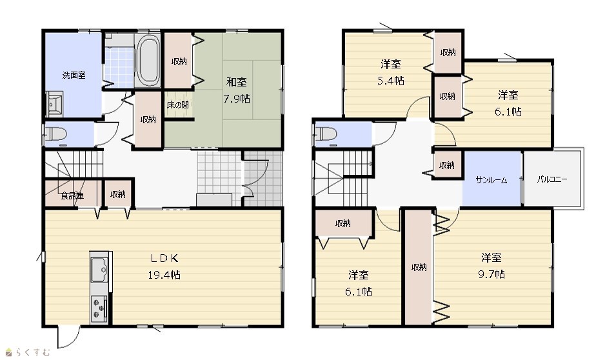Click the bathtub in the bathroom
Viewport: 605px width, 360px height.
pyautogui.click(x=148, y=61)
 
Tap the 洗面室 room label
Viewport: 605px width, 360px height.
pyautogui.click(x=74, y=75)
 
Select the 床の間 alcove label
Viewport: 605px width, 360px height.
pyautogui.click(x=178, y=105)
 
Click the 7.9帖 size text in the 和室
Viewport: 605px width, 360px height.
pyautogui.click(x=237, y=99)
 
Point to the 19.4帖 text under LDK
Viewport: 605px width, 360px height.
pyautogui.click(x=164, y=275)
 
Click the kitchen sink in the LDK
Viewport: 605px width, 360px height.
pyautogui.click(x=99, y=269)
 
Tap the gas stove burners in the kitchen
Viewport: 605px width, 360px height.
pyautogui.click(x=99, y=308)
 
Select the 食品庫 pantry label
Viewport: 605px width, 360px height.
pyautogui.click(x=72, y=195)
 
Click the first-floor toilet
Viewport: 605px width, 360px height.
pyautogui.click(x=56, y=134)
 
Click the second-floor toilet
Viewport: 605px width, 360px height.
pyautogui.click(x=326, y=134)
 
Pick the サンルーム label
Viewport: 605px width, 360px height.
pyautogui.click(x=491, y=180)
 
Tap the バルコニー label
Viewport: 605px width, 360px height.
pyautogui.click(x=551, y=179)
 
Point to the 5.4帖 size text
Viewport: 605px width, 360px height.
pyautogui.click(x=391, y=81)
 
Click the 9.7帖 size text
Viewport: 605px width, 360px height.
pyautogui.click(x=491, y=274)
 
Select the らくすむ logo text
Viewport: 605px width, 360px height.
pyautogui.click(x=33, y=352)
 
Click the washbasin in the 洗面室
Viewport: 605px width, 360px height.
pyautogui.click(x=54, y=104)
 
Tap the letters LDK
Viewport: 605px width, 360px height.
pyautogui.click(x=164, y=258)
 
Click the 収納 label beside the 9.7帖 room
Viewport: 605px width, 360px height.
pyautogui.click(x=419, y=267)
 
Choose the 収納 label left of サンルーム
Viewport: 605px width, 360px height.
pyautogui.click(x=447, y=166)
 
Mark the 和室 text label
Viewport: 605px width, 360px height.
pyautogui.click(x=237, y=82)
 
